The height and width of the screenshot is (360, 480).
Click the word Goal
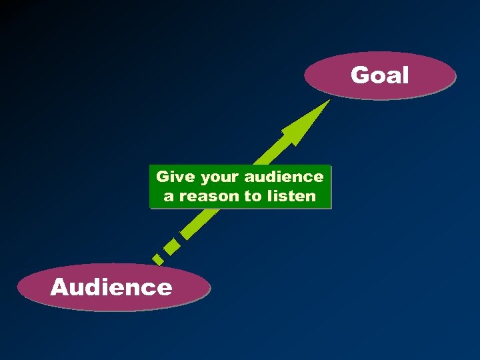point(379,75)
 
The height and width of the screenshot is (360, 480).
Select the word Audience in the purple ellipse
point(111,287)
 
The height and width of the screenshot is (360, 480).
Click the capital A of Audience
point(60,287)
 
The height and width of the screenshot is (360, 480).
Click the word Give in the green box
point(171,177)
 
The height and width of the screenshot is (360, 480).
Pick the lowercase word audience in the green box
point(284,177)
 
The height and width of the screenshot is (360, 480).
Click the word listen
point(292,196)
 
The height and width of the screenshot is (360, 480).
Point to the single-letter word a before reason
point(169,197)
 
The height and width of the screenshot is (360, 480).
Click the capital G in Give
point(161,177)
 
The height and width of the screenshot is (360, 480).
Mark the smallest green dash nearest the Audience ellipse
point(157,258)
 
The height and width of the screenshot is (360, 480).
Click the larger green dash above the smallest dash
point(171,245)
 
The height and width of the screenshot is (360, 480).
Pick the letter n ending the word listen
point(311,197)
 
